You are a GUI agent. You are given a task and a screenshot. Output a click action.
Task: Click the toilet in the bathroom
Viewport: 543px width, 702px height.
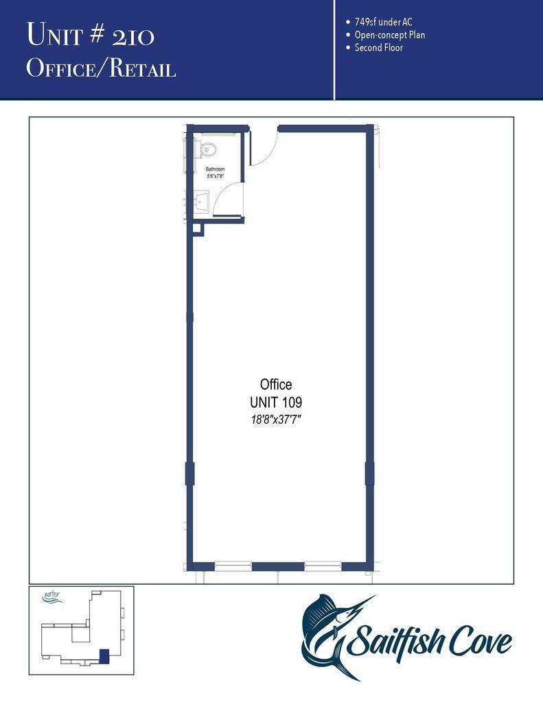(208, 149)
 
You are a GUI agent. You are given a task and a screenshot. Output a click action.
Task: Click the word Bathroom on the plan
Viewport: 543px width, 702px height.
(215, 169)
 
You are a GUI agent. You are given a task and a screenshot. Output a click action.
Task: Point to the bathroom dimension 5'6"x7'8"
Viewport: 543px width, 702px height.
(215, 176)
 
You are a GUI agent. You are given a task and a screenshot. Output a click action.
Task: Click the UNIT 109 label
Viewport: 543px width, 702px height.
(276, 402)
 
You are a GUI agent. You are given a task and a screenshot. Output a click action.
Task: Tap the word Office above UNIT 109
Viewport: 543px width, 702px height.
(276, 385)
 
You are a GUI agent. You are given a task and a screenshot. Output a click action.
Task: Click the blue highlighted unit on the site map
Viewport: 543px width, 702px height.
(104, 655)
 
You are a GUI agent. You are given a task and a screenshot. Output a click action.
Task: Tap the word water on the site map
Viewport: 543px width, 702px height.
(51, 595)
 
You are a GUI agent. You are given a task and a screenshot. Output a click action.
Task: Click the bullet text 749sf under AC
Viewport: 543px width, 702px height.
(383, 22)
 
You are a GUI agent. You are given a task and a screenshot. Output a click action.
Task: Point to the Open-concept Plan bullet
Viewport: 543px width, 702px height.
(389, 35)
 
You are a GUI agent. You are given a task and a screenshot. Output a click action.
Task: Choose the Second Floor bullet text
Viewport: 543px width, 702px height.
(378, 48)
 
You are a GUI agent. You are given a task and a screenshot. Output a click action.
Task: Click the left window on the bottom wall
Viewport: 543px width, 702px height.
(233, 566)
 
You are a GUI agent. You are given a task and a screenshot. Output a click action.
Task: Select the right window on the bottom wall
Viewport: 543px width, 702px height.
(323, 566)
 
